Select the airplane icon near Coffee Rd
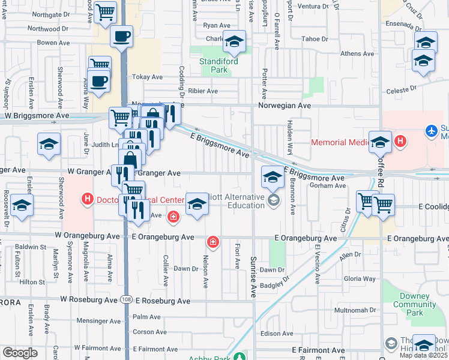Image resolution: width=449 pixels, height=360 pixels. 431,130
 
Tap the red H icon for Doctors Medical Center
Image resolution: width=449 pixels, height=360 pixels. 88,199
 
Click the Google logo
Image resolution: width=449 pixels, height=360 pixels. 20,353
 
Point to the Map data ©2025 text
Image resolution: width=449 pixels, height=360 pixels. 423,355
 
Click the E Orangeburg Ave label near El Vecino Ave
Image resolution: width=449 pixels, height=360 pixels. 306,238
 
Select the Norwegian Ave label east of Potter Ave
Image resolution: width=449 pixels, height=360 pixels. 285,105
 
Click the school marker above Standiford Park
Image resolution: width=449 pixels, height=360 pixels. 234,41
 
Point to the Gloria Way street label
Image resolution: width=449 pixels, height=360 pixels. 360,279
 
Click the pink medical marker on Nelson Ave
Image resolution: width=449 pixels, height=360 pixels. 212,242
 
